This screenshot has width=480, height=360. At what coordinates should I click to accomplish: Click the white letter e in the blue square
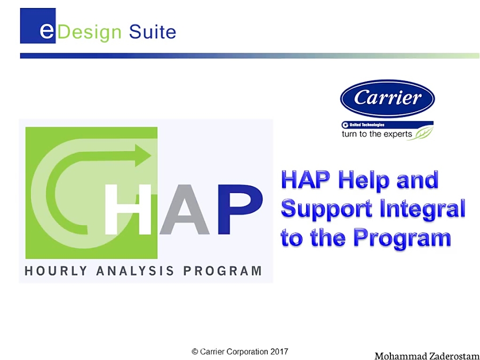click(47, 30)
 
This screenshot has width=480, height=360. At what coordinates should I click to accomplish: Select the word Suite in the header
click(153, 31)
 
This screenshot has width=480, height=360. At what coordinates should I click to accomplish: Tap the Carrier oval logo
click(387, 98)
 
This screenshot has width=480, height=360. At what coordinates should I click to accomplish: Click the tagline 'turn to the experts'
click(377, 134)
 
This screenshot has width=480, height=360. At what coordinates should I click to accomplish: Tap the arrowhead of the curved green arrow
click(142, 156)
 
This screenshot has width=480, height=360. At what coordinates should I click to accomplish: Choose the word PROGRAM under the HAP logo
click(222, 271)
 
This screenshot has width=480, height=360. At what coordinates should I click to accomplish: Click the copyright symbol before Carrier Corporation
click(195, 351)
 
